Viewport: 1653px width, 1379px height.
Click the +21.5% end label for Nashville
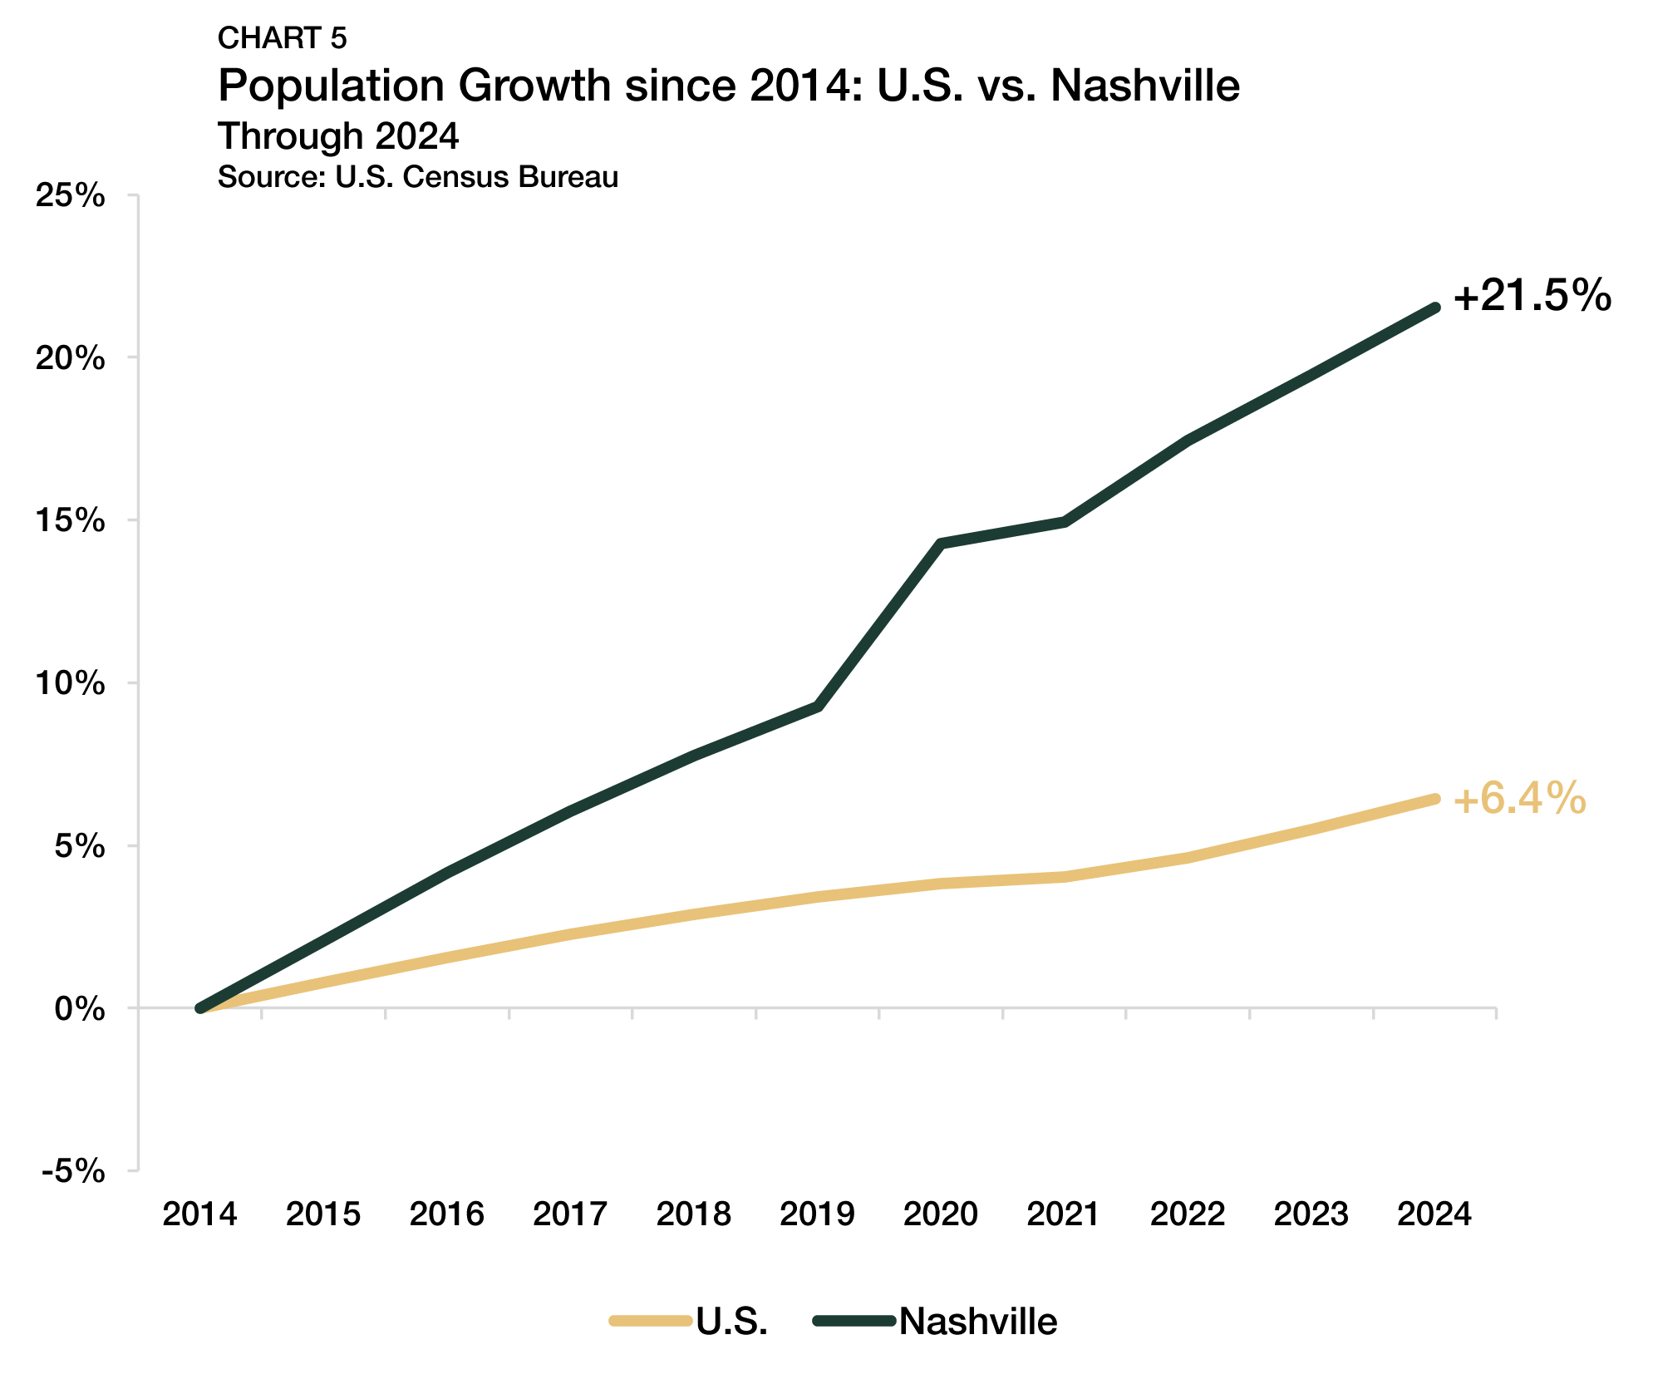[x=1532, y=296]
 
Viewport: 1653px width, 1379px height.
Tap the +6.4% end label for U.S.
[x=1519, y=799]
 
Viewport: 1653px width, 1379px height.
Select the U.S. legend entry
[x=731, y=1321]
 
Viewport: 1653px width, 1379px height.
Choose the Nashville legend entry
[x=977, y=1321]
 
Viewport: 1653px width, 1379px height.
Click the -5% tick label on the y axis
[x=74, y=1171]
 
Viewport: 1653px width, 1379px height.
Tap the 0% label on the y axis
[x=81, y=1009]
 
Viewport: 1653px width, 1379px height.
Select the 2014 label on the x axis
[x=199, y=1214]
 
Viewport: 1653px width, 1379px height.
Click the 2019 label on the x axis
[x=817, y=1214]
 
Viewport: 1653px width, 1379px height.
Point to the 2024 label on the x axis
[x=1434, y=1214]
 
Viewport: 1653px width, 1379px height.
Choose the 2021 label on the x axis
[x=1064, y=1214]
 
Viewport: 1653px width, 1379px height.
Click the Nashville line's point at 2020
[x=940, y=544]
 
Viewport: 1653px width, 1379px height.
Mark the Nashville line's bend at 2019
[x=819, y=707]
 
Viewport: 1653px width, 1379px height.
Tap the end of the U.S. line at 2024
[x=1434, y=799]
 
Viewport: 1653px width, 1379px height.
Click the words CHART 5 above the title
[x=282, y=38]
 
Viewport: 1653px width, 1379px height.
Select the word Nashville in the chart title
[x=1144, y=86]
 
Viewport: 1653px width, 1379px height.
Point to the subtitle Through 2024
[x=337, y=136]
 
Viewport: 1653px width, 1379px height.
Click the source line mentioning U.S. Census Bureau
[x=417, y=177]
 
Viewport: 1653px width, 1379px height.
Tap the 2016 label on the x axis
[x=446, y=1214]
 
